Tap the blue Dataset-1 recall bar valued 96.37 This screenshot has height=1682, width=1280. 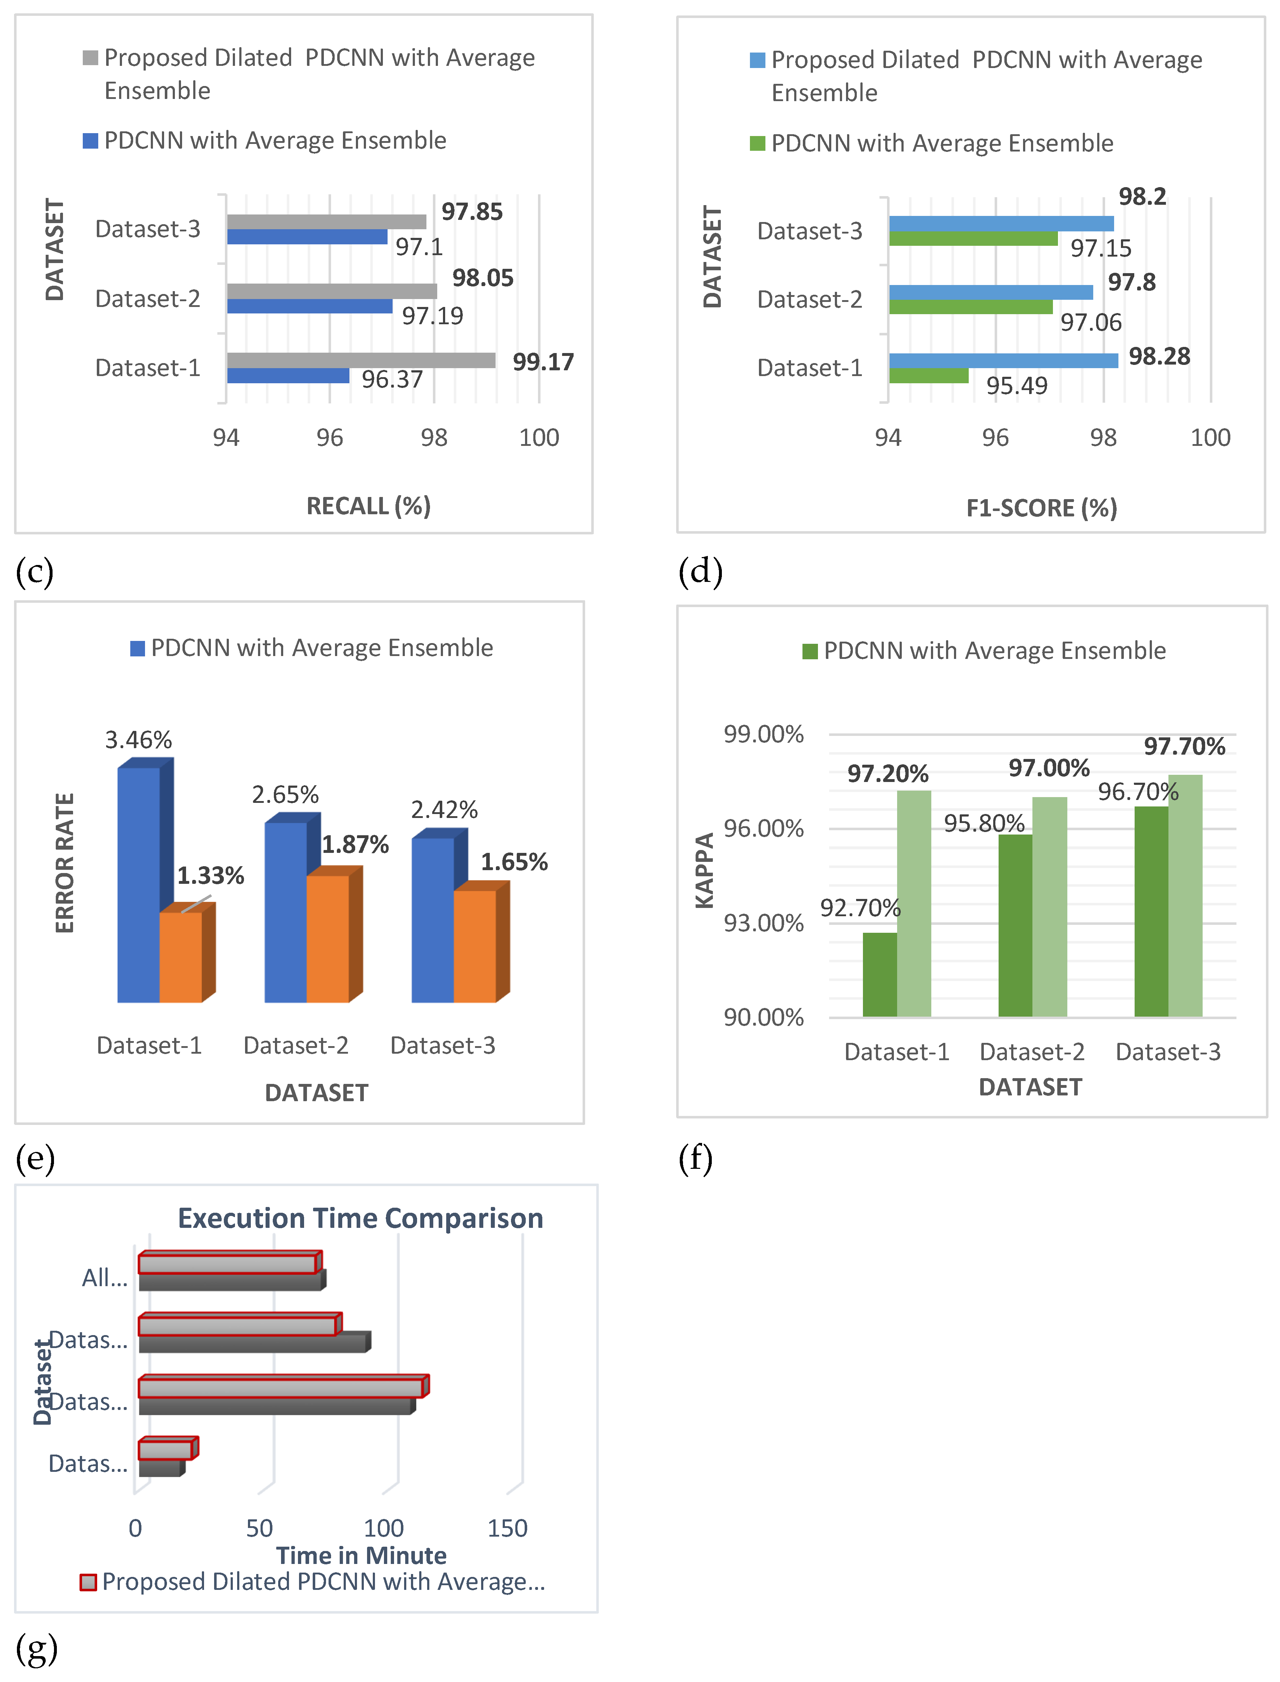(x=288, y=376)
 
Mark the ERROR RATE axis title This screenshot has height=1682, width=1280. (x=65, y=863)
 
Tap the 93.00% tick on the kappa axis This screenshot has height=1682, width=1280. (x=763, y=923)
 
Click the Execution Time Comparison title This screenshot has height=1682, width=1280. (x=360, y=1218)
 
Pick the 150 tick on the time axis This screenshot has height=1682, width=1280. (x=507, y=1528)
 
